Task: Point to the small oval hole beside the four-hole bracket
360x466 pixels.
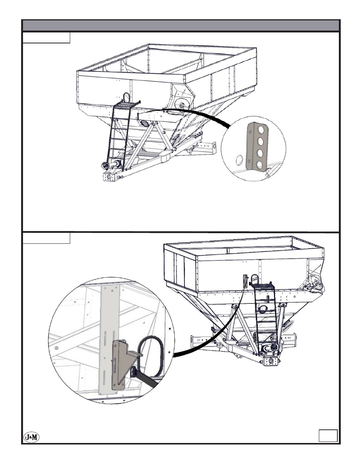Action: [x=238, y=160]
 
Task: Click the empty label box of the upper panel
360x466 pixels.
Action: [x=46, y=38]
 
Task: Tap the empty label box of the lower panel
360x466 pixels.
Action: [x=46, y=238]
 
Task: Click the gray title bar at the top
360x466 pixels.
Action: [x=181, y=26]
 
